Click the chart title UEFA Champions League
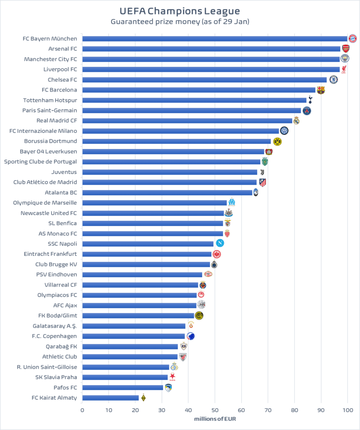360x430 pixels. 180,10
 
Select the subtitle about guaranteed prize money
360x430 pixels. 180,21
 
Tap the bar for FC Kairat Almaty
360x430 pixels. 110,398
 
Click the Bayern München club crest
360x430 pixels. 352,38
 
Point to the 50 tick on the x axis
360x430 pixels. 215,410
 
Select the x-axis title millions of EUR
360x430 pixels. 215,419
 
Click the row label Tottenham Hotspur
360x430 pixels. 50,100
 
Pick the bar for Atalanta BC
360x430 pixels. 167,192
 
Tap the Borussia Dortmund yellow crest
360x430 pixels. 277,142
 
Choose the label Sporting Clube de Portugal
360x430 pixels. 41,162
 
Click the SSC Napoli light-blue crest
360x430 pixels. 220,243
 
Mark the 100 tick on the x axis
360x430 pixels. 347,410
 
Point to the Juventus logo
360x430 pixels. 262,172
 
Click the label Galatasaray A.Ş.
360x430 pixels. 55,326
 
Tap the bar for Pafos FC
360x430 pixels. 123,388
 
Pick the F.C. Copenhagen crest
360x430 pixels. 191,336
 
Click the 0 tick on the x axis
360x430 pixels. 82,410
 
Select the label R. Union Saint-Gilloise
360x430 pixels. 47,367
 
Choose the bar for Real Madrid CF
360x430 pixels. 187,121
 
